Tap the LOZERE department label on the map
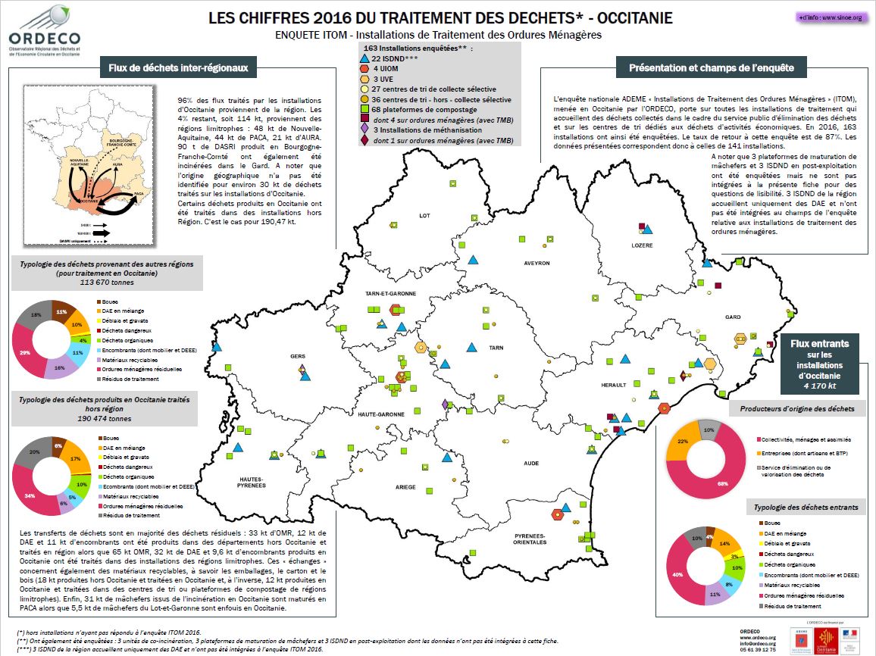(643, 245)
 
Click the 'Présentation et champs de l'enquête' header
(712, 68)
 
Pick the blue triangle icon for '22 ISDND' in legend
(365, 58)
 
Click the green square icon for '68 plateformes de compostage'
(365, 109)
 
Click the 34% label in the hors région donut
(29, 496)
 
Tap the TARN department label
(496, 348)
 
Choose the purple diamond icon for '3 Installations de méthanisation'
(365, 130)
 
